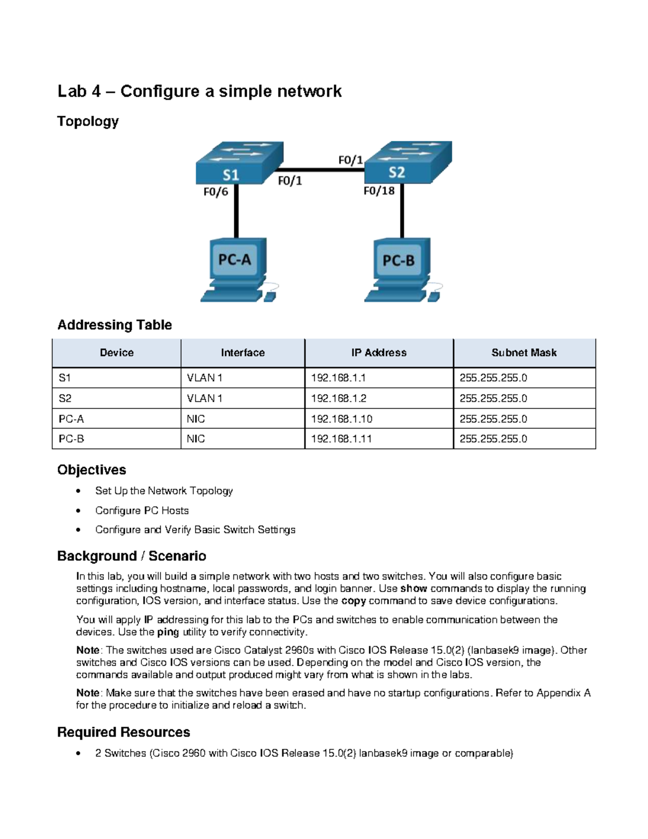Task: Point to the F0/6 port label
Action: (215, 192)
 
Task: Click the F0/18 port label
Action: (379, 191)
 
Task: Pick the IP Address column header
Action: (379, 353)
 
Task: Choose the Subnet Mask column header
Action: (524, 353)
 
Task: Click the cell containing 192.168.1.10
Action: (341, 419)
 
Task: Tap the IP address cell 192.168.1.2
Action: (339, 398)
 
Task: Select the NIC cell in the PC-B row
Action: (196, 439)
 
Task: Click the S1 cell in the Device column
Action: (65, 378)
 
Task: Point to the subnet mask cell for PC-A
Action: (493, 419)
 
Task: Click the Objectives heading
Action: (92, 469)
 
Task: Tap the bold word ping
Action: (167, 632)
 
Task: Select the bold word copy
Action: (354, 601)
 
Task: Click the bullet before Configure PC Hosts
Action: (79, 511)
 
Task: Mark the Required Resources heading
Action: (124, 732)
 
